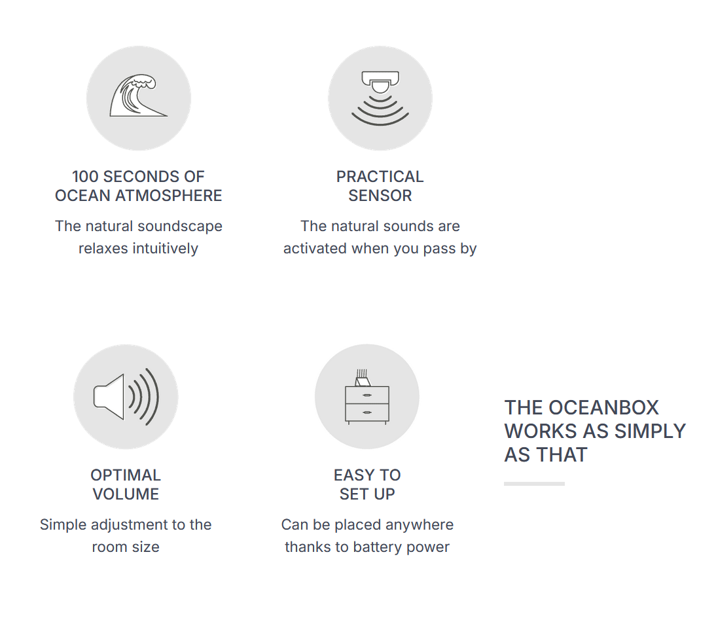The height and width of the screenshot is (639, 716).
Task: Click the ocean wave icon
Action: [138, 98]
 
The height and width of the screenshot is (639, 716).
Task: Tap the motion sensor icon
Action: [380, 98]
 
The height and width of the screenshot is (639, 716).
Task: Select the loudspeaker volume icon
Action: [126, 396]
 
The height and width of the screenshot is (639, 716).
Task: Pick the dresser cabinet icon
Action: [367, 398]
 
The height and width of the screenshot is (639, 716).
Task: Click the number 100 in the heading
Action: [85, 177]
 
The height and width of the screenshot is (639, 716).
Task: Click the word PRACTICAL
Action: [380, 177]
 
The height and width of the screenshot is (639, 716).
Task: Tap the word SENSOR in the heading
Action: [380, 196]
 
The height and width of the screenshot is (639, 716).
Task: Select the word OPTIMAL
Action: [126, 475]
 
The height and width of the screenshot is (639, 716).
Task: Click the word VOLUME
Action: [126, 494]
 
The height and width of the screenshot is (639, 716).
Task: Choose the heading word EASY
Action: [354, 475]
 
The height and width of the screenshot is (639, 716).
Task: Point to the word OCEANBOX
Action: [603, 408]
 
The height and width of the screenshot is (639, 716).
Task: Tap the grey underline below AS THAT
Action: [534, 484]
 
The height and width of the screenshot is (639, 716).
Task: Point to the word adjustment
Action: [124, 525]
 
